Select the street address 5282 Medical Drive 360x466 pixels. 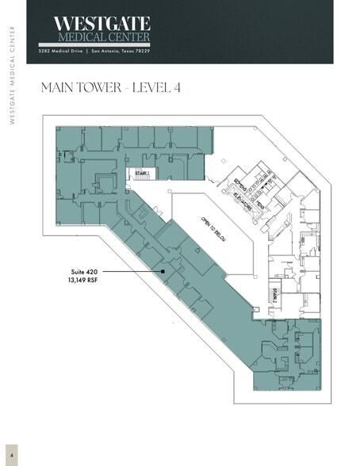point(63,52)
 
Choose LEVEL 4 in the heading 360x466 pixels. point(158,88)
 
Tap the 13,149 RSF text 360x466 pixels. point(83,281)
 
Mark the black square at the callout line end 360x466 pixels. point(163,272)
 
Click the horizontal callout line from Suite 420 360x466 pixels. point(131,272)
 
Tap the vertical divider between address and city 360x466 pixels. point(89,52)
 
